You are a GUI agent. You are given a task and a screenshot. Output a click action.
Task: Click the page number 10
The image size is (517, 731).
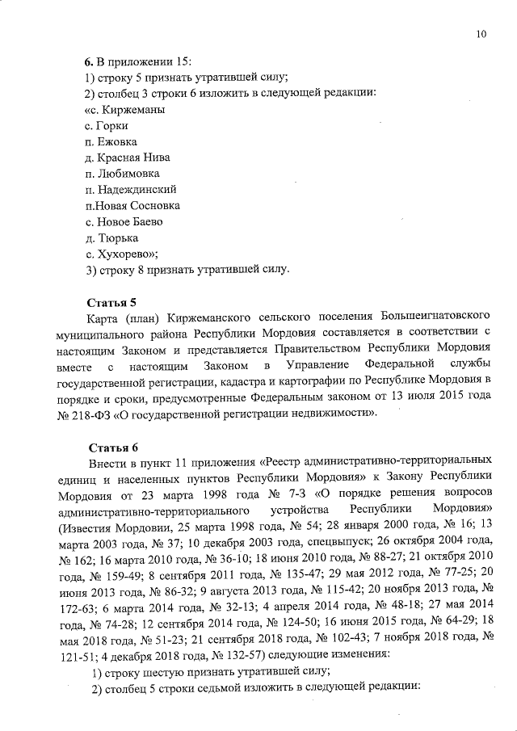pos(481,34)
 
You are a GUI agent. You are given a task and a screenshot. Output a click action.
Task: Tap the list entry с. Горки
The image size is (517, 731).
pos(107,125)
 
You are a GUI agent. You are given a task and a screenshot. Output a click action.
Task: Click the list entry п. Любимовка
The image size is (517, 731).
pos(121,173)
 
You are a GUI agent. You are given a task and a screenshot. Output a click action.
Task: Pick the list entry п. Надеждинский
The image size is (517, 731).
pos(130,189)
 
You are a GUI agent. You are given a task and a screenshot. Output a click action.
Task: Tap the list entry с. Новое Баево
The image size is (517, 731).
pos(124,221)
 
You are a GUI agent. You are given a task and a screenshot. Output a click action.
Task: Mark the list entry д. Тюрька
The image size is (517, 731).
pos(111,237)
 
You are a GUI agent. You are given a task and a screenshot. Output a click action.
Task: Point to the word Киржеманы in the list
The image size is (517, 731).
pos(138,109)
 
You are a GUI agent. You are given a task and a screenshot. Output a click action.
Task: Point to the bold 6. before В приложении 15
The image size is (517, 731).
pos(90,61)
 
